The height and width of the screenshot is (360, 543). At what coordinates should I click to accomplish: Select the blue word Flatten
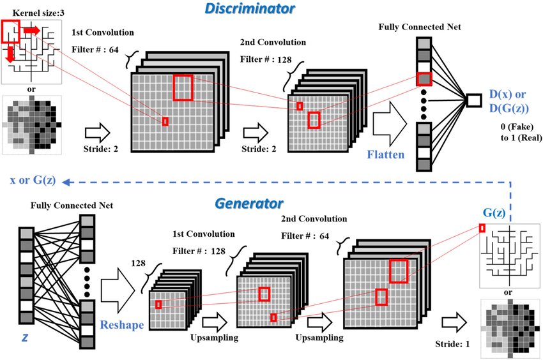pyautogui.click(x=386, y=154)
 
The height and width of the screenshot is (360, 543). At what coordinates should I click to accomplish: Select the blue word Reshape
pyautogui.click(x=121, y=324)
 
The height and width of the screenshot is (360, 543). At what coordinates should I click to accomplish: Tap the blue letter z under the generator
pyautogui.click(x=25, y=334)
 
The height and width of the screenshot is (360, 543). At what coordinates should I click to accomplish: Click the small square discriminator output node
pyautogui.click(x=473, y=100)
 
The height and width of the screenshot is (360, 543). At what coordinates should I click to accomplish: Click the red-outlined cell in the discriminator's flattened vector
pyautogui.click(x=423, y=79)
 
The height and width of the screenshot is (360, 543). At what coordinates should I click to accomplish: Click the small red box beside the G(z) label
pyautogui.click(x=482, y=228)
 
